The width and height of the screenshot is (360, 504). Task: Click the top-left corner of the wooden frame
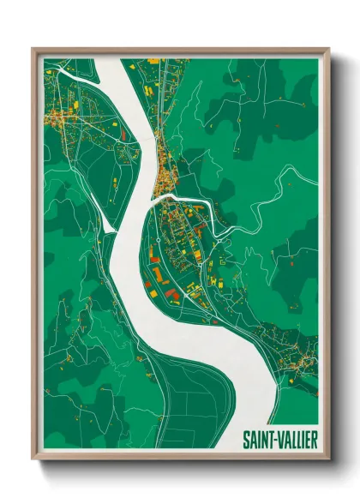click(33, 49)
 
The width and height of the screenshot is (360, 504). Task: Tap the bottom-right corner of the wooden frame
click(328, 459)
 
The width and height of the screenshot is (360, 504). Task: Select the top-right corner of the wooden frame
click(328, 49)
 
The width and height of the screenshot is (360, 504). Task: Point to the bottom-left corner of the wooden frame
click(33, 459)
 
